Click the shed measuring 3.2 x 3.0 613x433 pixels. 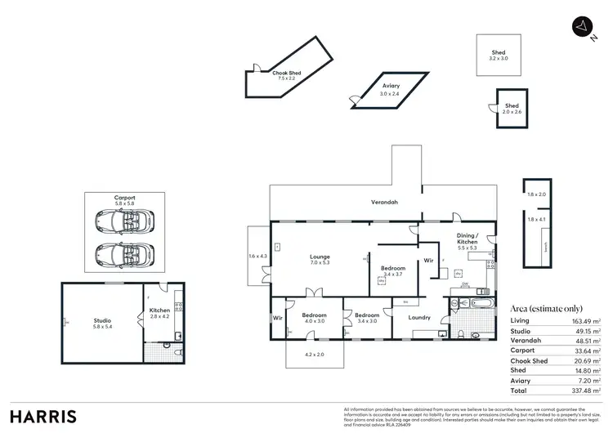click(499, 56)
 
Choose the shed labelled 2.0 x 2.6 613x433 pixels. click(511, 109)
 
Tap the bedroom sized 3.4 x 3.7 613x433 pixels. click(394, 271)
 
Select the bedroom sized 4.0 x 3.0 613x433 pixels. click(314, 318)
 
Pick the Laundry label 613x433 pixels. click(419, 317)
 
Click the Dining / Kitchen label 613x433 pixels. click(468, 240)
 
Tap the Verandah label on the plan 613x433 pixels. click(384, 202)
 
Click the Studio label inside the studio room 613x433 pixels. click(102, 324)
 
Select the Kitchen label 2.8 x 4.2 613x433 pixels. click(159, 314)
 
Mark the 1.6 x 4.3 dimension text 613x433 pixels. click(257, 257)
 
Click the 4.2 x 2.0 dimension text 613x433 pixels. click(314, 355)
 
